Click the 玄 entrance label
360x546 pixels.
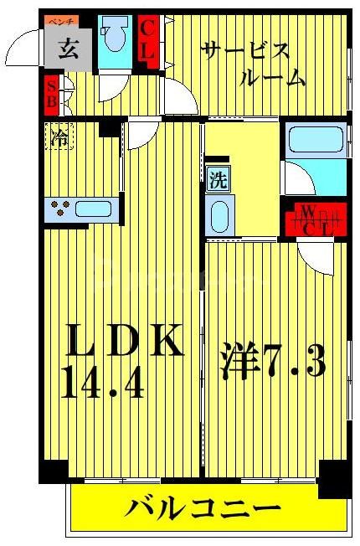coord(69,48)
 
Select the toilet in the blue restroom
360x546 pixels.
coord(114,37)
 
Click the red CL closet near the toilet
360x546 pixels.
coord(147,39)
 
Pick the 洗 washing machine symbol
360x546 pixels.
coord(217,178)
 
